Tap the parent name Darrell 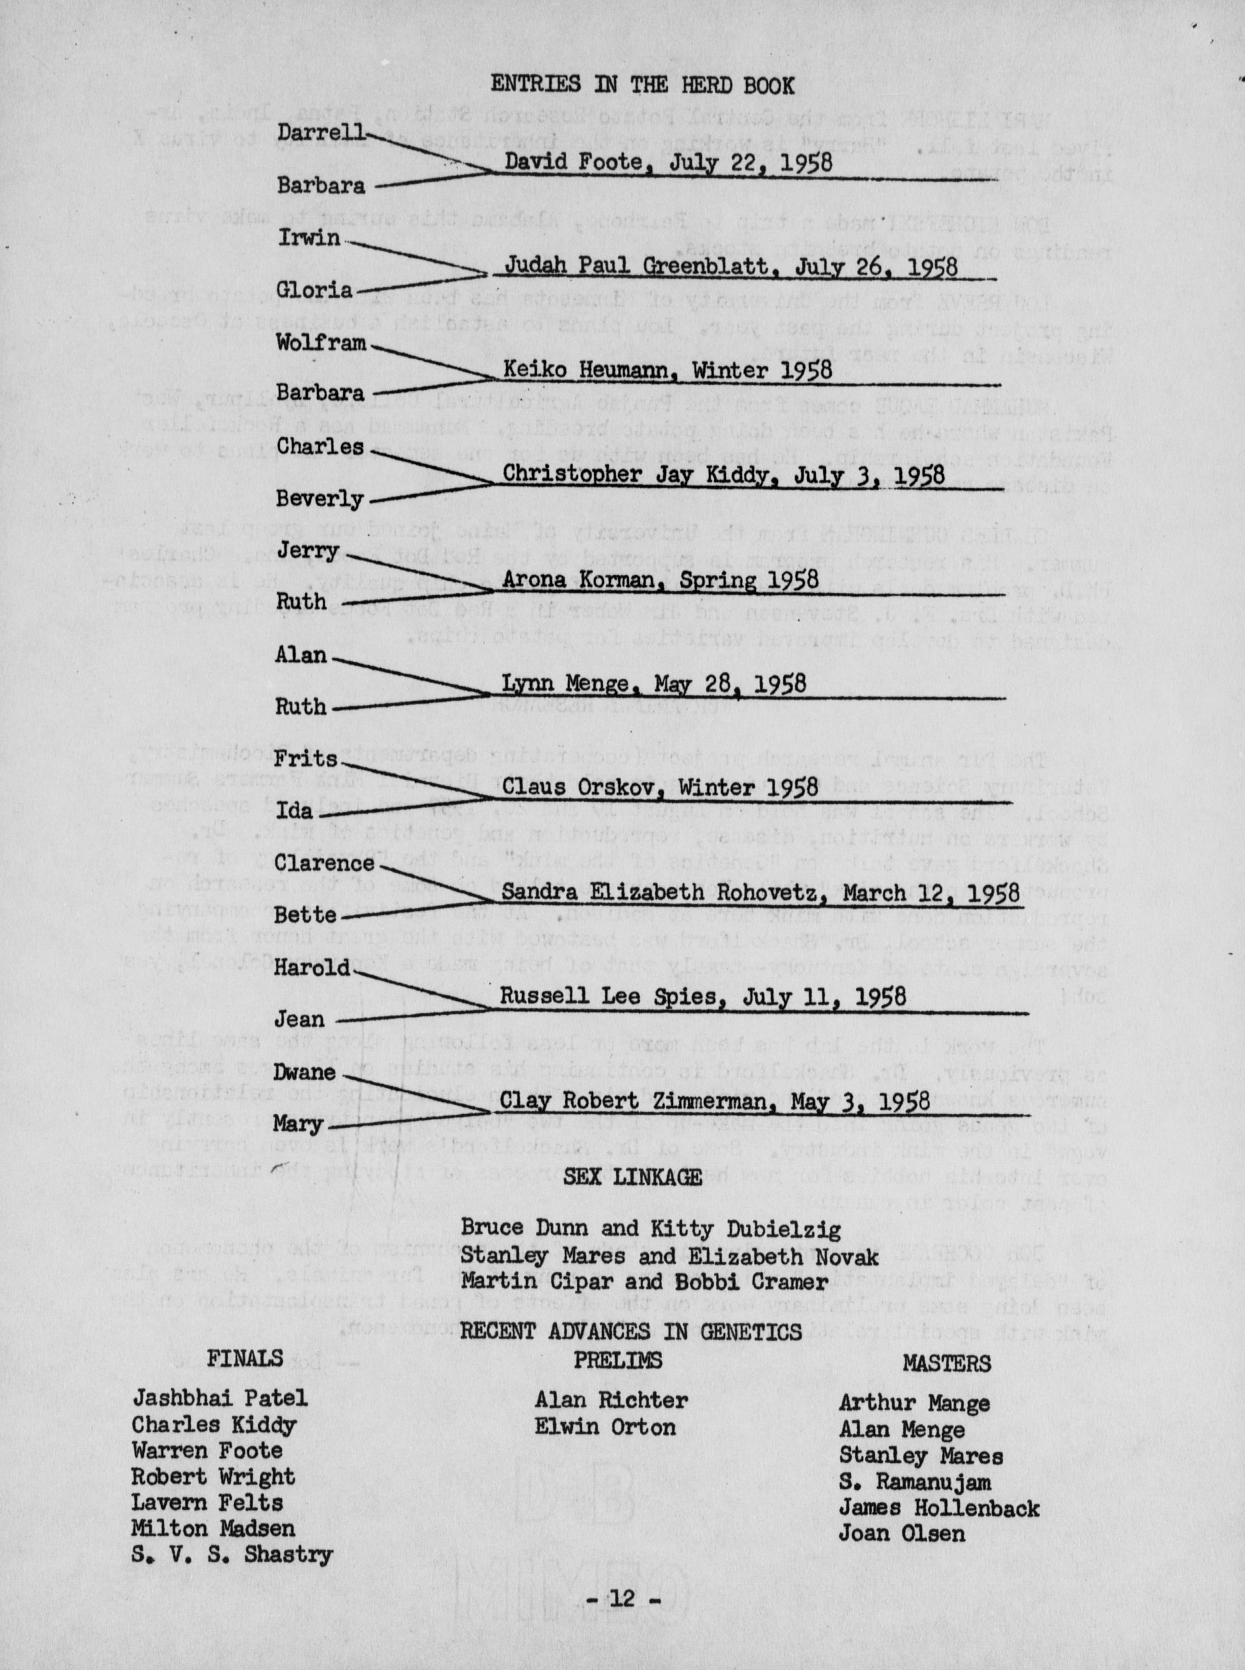tap(320, 133)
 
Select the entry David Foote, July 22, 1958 tap(668, 162)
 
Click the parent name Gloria tap(315, 290)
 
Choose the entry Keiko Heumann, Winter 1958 tap(667, 370)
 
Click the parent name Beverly tap(319, 499)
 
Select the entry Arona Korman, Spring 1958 tap(660, 580)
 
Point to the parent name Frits tap(305, 758)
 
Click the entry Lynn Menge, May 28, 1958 tap(653, 684)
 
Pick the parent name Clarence tap(324, 863)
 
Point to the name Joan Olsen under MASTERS tap(901, 1533)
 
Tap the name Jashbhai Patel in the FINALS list tap(220, 1399)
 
